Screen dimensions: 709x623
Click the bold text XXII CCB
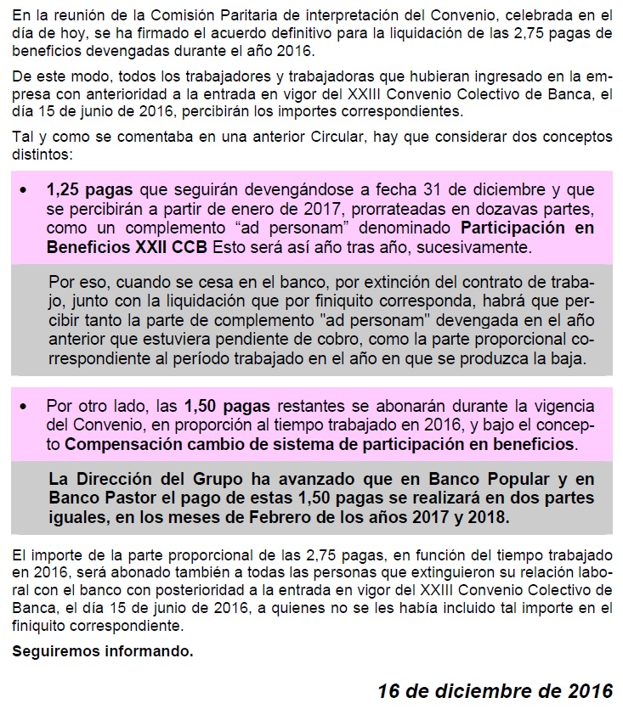(x=167, y=248)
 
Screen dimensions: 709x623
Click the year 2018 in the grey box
(x=492, y=516)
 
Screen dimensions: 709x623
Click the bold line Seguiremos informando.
(x=103, y=652)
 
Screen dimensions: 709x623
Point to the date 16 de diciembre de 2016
(x=495, y=690)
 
